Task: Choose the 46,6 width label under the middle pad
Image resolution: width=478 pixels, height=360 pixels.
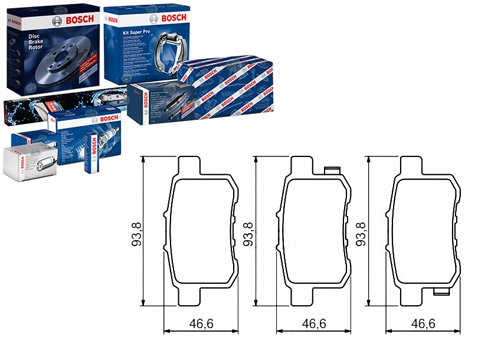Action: [314, 324]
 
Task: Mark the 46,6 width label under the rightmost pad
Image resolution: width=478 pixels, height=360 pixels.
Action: [423, 324]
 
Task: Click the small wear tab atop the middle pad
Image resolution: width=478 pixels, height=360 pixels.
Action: [333, 171]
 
